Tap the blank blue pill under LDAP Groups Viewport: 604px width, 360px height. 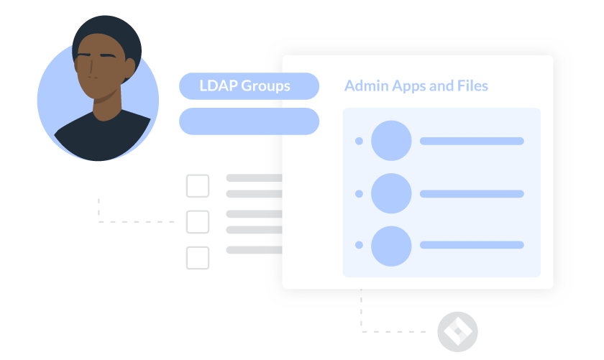(x=248, y=121)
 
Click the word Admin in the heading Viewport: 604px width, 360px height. (x=366, y=86)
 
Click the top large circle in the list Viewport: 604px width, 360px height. (x=391, y=141)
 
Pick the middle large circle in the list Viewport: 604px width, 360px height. (x=391, y=193)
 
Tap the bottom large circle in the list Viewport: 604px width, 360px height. (x=391, y=246)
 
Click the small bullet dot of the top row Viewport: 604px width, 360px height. (x=359, y=141)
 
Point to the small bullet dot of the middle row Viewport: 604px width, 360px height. (x=359, y=193)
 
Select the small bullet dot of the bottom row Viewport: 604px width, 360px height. (x=359, y=246)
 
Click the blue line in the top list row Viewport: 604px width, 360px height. (x=472, y=141)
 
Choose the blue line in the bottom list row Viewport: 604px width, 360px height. (x=472, y=246)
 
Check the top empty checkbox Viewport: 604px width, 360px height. (x=198, y=186)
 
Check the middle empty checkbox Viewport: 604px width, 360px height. (x=198, y=222)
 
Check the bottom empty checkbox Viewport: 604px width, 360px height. (x=198, y=258)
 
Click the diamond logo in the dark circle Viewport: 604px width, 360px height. (x=457, y=331)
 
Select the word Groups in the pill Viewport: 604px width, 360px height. (x=265, y=86)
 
